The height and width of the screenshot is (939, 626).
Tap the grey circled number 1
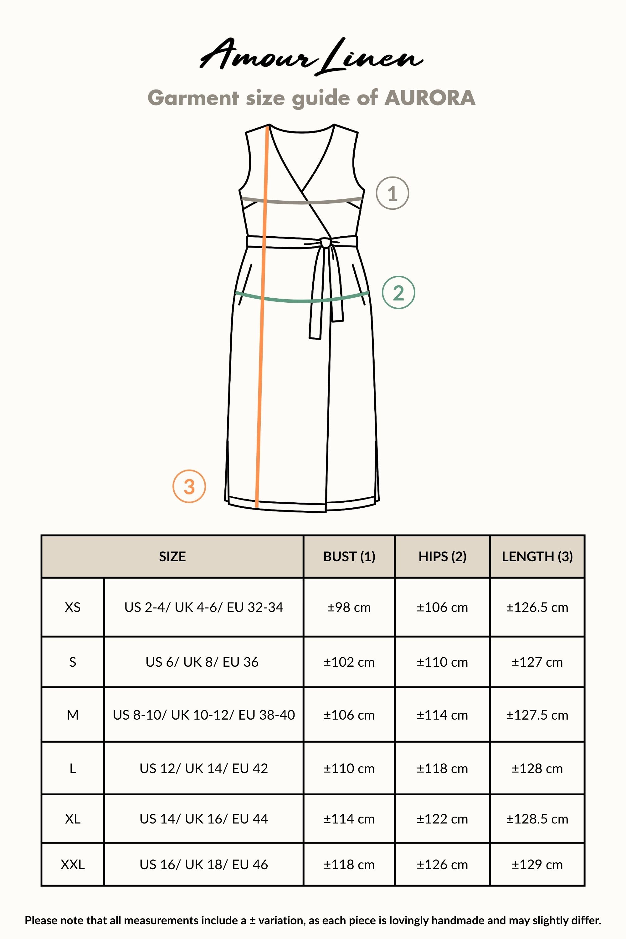point(392,193)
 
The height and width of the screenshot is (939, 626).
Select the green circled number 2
point(398,293)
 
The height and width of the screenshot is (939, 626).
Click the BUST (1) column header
point(349,557)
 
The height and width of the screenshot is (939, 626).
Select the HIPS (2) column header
point(442,557)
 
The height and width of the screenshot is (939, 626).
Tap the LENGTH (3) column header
point(537,557)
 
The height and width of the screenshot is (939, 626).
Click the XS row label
point(73,607)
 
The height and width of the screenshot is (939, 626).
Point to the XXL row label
point(73,865)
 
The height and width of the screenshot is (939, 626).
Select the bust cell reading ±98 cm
point(349,607)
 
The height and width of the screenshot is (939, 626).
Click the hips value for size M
point(442,715)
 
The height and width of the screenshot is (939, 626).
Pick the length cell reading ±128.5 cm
point(537,819)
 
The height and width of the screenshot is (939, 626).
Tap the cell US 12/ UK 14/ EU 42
point(204,768)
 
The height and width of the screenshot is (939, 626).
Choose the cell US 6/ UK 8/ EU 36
point(202,662)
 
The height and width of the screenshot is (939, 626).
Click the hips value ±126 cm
point(442,865)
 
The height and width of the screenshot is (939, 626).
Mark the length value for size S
point(537,662)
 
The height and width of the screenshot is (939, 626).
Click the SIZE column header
point(172,557)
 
